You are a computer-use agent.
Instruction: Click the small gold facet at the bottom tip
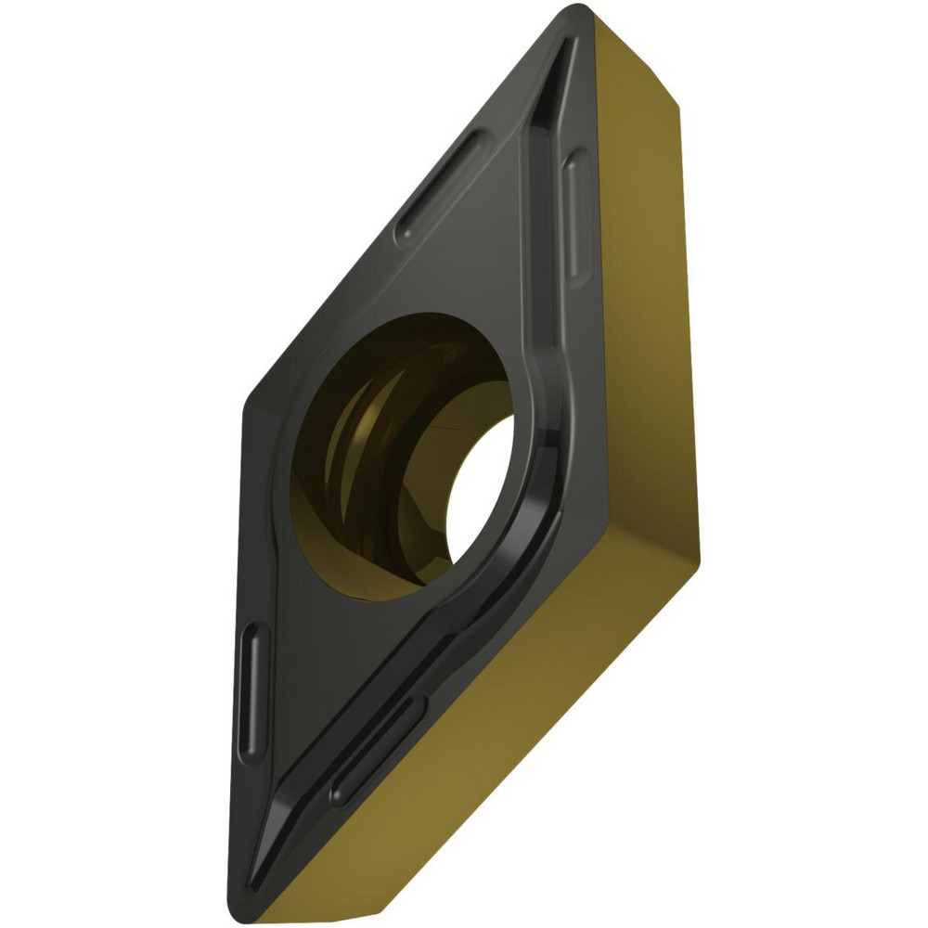pos(278,905)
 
